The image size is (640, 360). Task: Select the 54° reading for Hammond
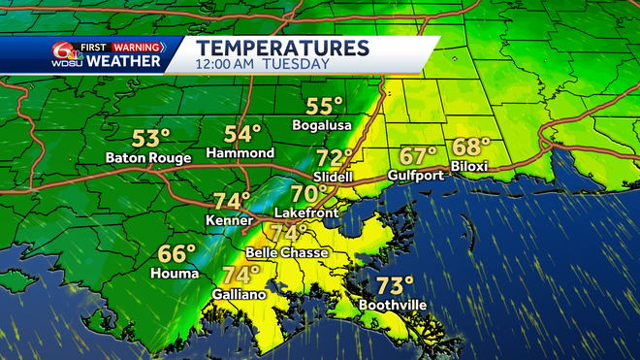[x=242, y=135]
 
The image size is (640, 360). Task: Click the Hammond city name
[x=240, y=154]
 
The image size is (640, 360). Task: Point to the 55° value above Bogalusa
[x=325, y=108]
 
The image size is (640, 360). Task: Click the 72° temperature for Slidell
[x=335, y=158]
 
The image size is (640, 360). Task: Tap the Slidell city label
[x=334, y=177]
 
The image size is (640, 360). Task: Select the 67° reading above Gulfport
[x=419, y=156]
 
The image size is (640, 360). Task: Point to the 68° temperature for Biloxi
[x=471, y=148]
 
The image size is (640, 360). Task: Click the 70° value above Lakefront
[x=308, y=193]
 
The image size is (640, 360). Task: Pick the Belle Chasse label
[x=286, y=252]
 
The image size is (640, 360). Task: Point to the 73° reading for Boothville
[x=395, y=286]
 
